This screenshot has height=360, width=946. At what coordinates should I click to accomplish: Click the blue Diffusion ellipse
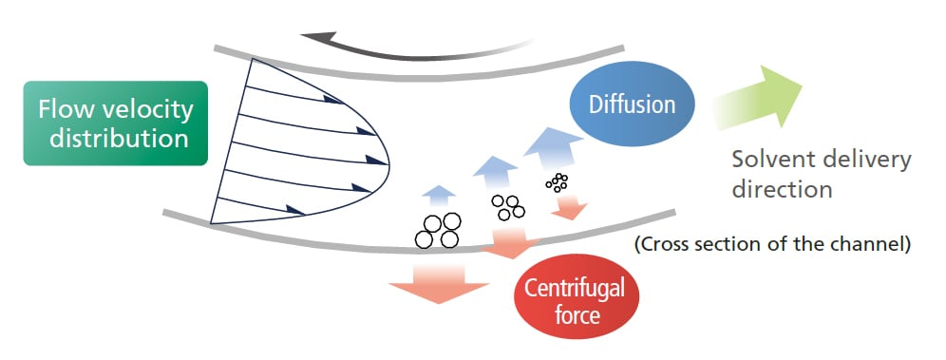coord(633,104)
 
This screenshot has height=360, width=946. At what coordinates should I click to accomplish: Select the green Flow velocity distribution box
coord(115,123)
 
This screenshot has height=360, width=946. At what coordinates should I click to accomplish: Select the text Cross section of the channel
coord(772,244)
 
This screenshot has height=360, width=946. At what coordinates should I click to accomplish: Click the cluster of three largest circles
coord(438,230)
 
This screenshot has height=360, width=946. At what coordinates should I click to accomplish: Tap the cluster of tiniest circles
coord(557,181)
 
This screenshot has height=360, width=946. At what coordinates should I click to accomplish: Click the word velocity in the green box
coord(158,108)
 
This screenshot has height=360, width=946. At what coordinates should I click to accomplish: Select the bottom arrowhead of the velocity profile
coord(294,210)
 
